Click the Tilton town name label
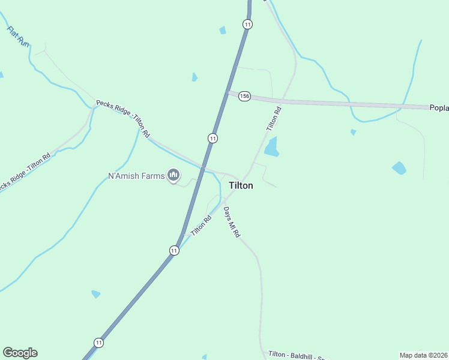click(241, 186)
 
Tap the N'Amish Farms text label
click(136, 176)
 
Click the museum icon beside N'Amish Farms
click(173, 175)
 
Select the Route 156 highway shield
click(244, 96)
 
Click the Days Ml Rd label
click(232, 222)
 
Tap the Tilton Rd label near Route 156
click(274, 119)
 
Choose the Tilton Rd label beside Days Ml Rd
click(201, 225)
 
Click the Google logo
click(20, 353)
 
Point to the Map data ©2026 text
click(424, 355)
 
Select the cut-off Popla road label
click(439, 108)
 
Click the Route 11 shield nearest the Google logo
click(98, 342)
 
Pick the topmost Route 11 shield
click(247, 24)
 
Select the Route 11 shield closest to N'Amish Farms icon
click(212, 138)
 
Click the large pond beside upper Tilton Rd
click(272, 147)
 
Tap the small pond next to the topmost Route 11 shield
click(223, 30)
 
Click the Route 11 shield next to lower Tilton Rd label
click(174, 250)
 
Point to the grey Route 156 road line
click(336, 103)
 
